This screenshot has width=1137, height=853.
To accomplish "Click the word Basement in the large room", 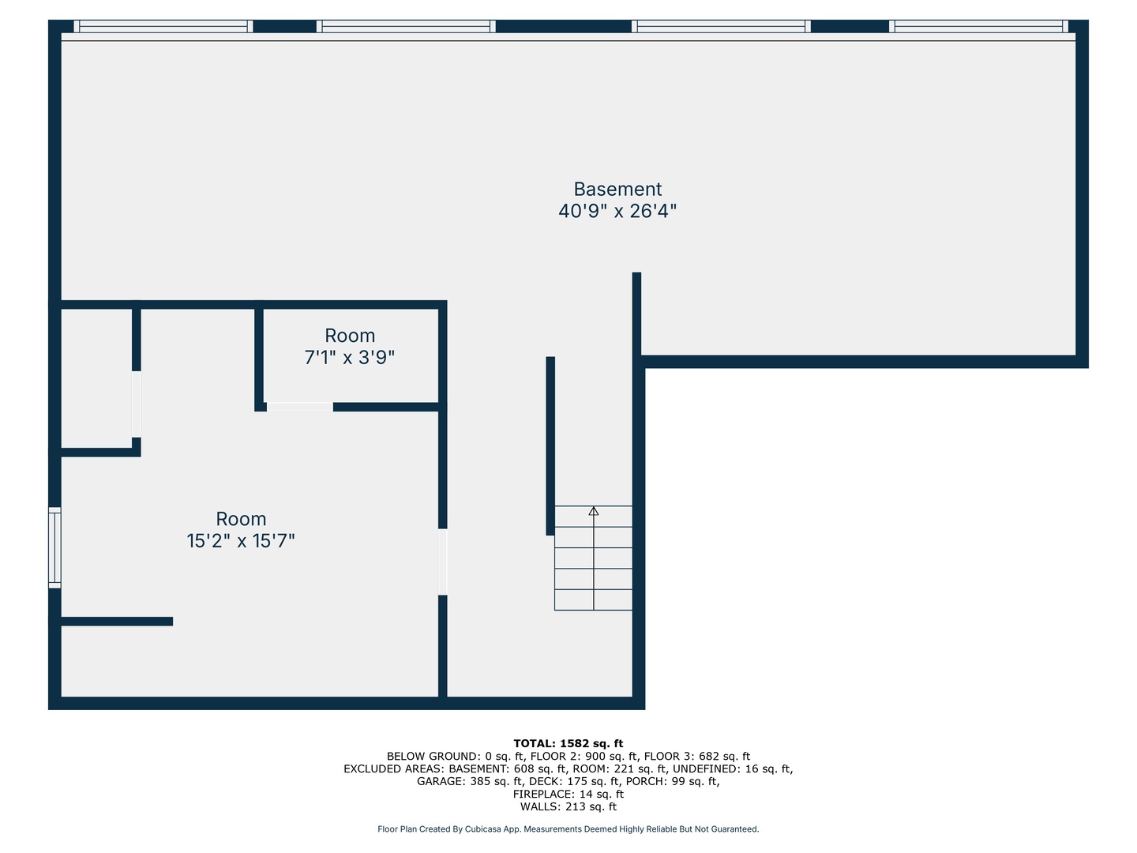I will [x=617, y=190].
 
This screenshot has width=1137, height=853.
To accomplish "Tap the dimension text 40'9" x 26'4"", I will [x=617, y=211].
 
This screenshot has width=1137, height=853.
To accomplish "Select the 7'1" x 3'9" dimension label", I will [x=350, y=358].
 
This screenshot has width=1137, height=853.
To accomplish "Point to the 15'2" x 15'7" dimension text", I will [x=241, y=541].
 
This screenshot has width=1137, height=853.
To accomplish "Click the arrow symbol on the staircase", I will [x=594, y=512].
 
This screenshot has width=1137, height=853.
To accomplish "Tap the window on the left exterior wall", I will [x=54, y=547].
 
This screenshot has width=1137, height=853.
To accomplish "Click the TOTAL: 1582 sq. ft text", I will [x=568, y=743].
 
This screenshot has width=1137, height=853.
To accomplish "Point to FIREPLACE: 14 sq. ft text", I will [x=568, y=794].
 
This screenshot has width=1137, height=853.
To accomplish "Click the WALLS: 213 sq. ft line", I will [x=568, y=806].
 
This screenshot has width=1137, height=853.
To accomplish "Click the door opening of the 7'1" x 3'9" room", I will [x=300, y=408].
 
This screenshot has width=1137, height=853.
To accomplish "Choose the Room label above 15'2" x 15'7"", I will [x=241, y=519].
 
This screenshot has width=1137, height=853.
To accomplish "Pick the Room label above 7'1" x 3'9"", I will [x=350, y=336].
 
